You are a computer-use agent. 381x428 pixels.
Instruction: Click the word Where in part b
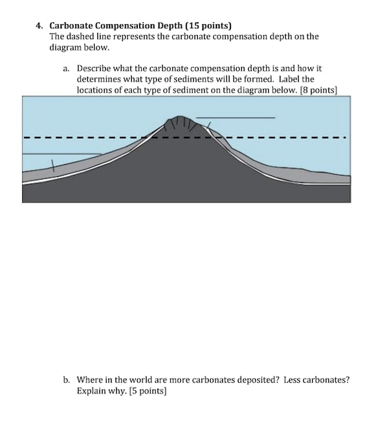[x=91, y=379]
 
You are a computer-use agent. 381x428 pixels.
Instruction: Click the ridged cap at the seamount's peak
[x=180, y=123]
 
